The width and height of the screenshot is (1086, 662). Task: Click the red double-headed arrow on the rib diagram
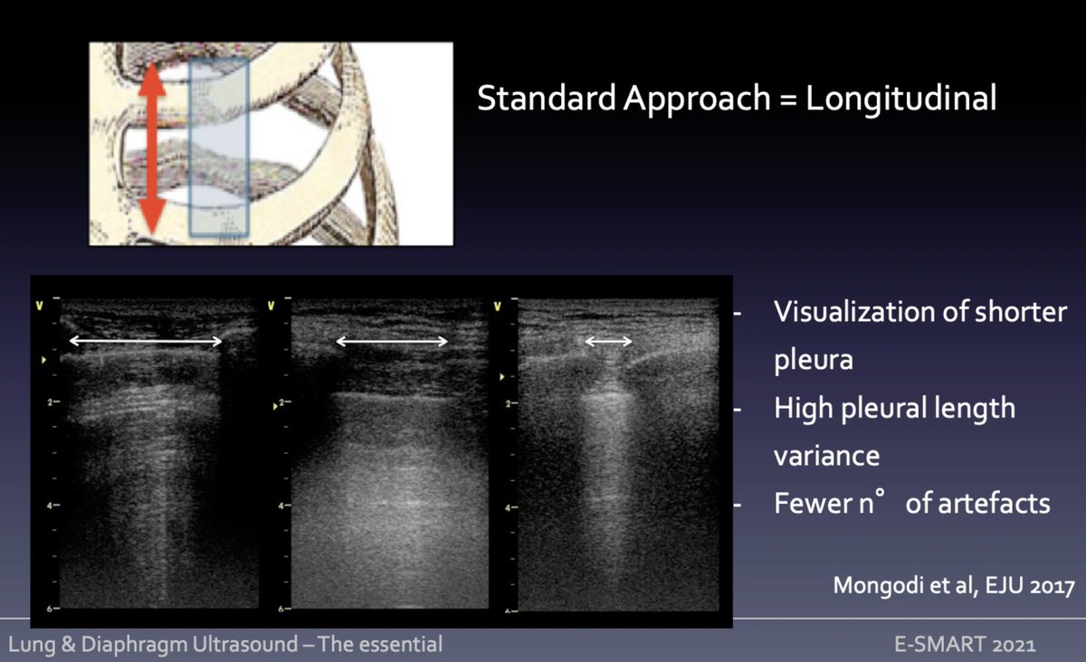pyautogui.click(x=152, y=150)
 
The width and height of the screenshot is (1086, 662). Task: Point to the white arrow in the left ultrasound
pyautogui.click(x=146, y=341)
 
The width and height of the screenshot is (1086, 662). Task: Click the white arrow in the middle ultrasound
pyautogui.click(x=392, y=341)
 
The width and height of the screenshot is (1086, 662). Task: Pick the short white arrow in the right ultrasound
pyautogui.click(x=608, y=341)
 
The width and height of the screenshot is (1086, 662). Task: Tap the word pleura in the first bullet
pyautogui.click(x=814, y=359)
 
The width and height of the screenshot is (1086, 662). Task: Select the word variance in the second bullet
pyautogui.click(x=826, y=455)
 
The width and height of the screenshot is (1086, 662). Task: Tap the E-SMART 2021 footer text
pyautogui.click(x=964, y=645)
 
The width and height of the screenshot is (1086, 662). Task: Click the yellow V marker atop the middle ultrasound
pyautogui.click(x=271, y=306)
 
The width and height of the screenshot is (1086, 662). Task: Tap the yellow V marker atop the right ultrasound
pyautogui.click(x=497, y=306)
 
